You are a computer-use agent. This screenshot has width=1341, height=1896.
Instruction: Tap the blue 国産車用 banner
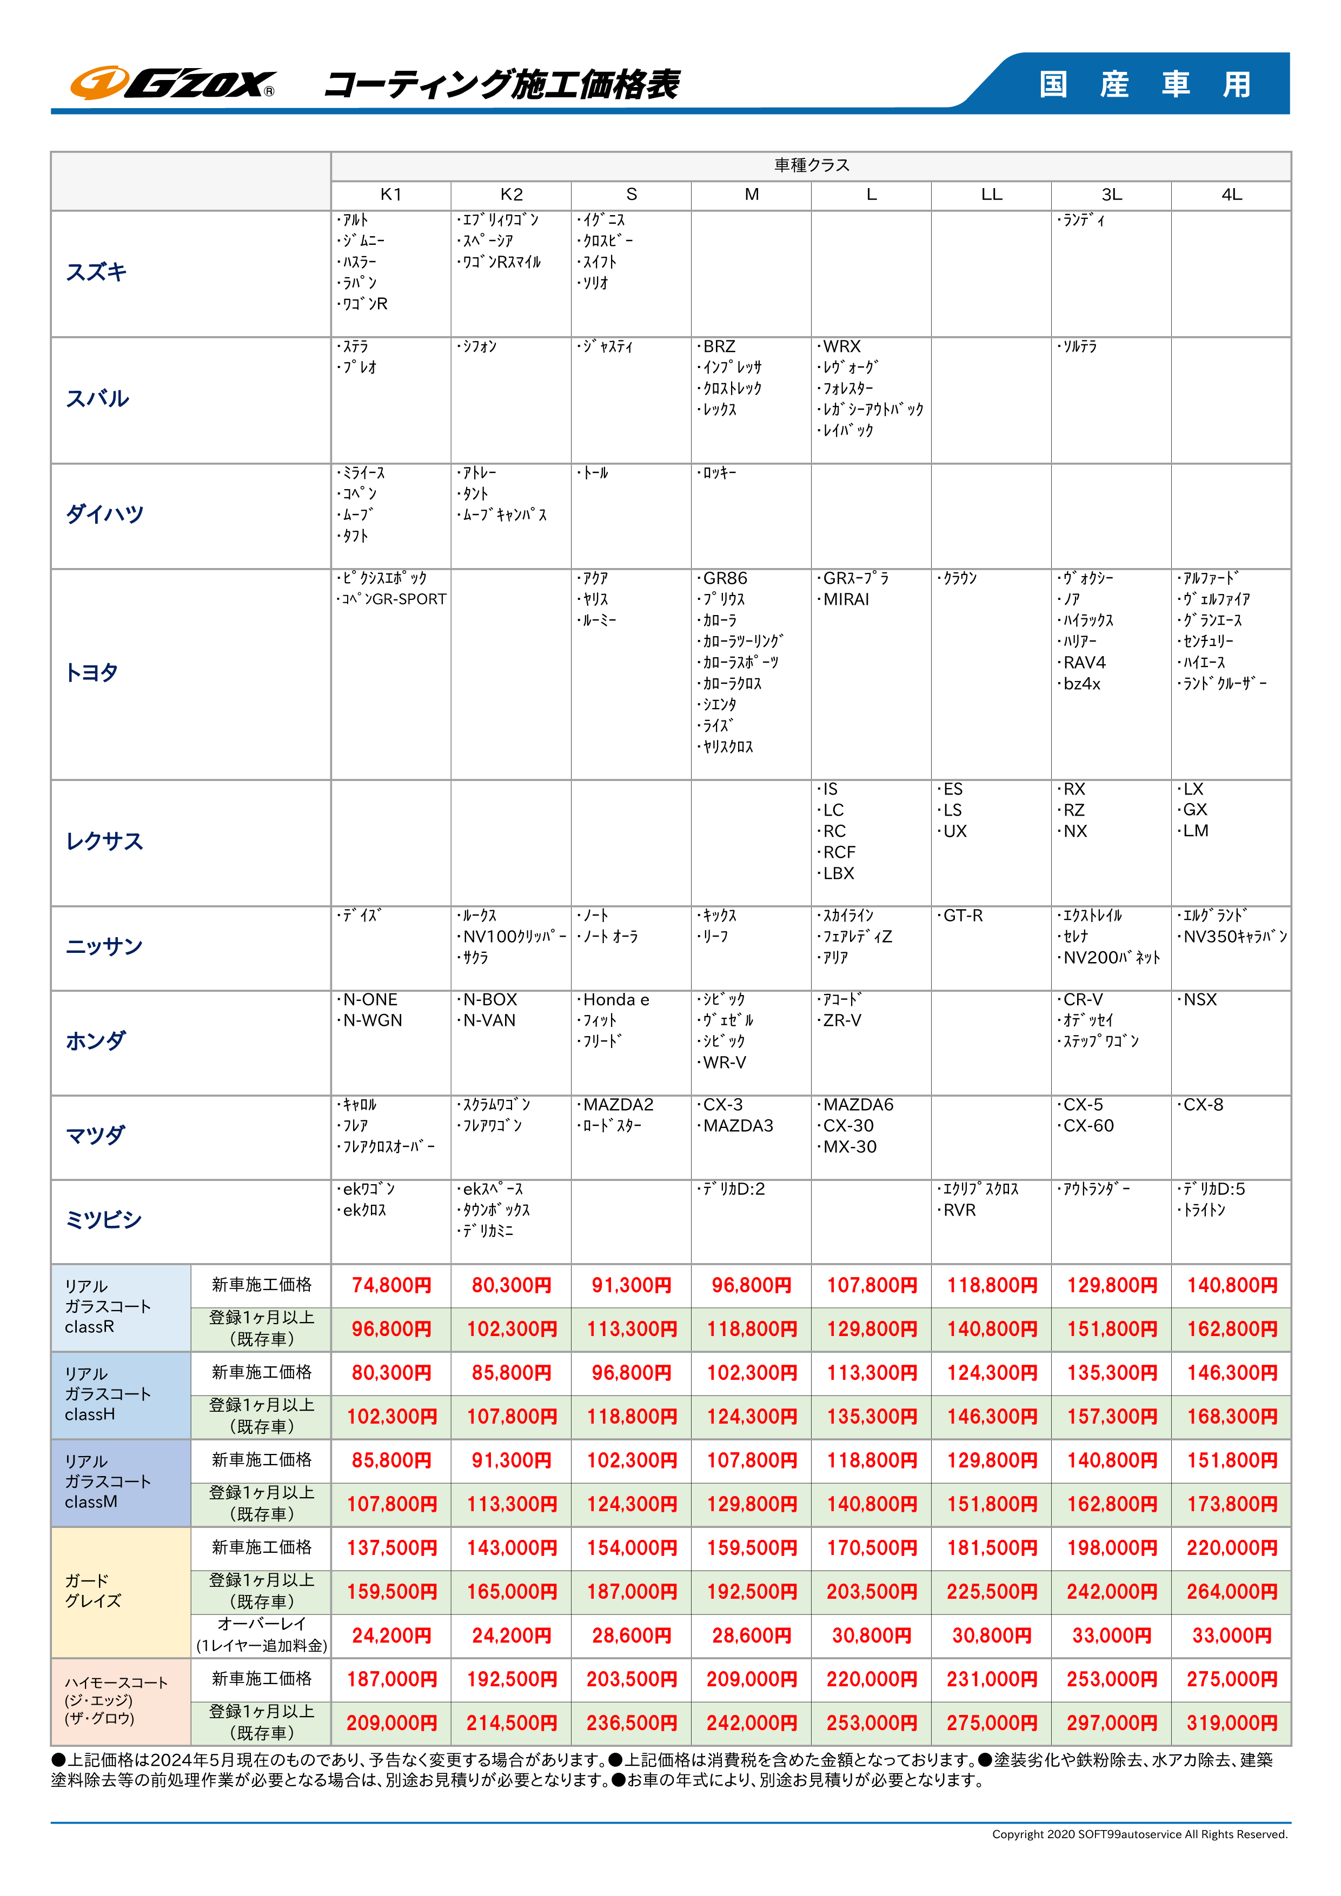[1144, 83]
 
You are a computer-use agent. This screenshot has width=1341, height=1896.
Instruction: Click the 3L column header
[1111, 195]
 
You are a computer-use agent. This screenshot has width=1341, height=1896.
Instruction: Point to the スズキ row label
[97, 272]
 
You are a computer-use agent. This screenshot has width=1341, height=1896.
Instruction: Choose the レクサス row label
[104, 842]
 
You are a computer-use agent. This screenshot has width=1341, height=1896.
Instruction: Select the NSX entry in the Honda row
[1200, 1000]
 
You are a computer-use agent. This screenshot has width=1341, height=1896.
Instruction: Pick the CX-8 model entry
[1202, 1105]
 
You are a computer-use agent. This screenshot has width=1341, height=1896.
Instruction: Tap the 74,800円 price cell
[391, 1286]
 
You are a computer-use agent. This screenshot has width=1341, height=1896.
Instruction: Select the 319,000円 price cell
[1231, 1724]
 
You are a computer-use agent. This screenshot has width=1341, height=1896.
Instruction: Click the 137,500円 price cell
[391, 1548]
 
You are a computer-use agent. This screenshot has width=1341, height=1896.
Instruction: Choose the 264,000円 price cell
[1231, 1592]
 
